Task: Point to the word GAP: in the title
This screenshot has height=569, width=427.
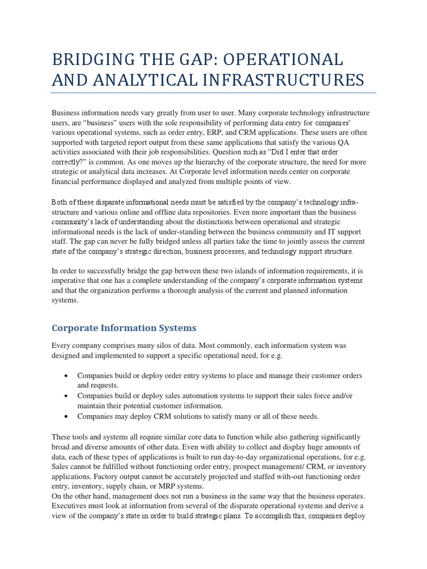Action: [x=183, y=60]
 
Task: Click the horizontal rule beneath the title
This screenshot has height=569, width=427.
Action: [x=213, y=93]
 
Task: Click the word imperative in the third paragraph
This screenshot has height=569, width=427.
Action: [x=69, y=281]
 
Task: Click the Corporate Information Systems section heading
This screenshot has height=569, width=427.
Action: [x=124, y=328]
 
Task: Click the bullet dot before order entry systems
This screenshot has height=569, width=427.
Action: [x=66, y=376]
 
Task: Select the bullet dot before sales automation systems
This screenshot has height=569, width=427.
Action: [x=66, y=396]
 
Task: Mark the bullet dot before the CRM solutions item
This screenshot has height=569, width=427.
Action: [x=66, y=416]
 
